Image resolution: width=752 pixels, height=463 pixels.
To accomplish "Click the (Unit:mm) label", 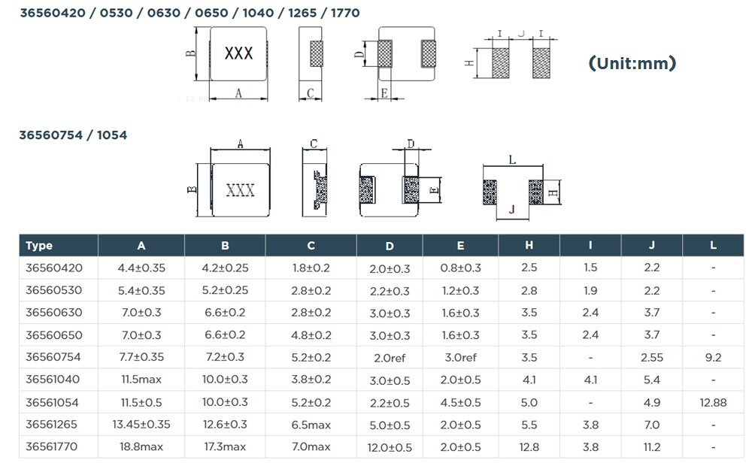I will pos(632,63).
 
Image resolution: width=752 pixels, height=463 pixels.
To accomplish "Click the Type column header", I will pos(39,246).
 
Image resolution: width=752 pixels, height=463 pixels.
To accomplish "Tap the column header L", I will pos(712,246).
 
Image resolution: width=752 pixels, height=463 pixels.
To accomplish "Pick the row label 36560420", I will pos(54,268).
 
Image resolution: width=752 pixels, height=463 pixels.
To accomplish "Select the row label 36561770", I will pos(54,447).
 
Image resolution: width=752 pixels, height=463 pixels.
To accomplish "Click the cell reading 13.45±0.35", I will pos(141,425).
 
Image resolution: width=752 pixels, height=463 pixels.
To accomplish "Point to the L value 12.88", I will pos(712,402).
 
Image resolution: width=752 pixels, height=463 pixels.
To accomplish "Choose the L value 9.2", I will pos(712,358).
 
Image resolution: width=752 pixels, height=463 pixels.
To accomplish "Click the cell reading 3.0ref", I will pos(460,358).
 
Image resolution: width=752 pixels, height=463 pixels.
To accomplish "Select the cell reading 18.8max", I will pos(141,447).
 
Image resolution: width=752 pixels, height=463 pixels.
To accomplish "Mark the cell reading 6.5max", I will pos(311,425).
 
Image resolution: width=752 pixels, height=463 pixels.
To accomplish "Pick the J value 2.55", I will pos(651,358).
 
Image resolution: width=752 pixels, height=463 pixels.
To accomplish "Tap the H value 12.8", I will pos(529,447).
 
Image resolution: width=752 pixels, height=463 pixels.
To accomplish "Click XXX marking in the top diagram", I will pos(239,54).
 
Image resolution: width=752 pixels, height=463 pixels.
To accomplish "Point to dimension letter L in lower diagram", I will pos(511,159).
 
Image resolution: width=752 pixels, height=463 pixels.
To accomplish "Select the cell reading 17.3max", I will pos(225,447).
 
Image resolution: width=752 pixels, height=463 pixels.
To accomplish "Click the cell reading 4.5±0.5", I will pos(460,402).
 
